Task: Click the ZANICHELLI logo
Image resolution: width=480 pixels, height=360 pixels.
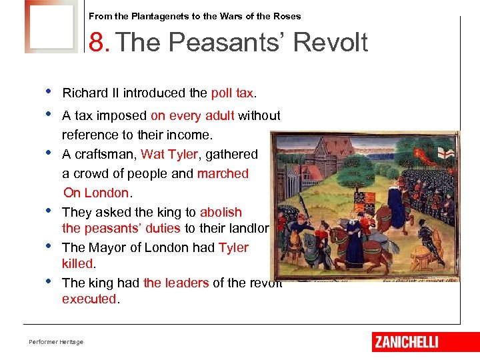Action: [x=406, y=342]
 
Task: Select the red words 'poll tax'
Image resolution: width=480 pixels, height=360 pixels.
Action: [x=232, y=93]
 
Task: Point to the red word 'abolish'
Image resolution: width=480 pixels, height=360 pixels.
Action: [x=221, y=212]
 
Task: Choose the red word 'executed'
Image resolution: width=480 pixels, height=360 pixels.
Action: [x=89, y=299]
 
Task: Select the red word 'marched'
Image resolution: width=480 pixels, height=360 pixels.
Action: [x=223, y=173]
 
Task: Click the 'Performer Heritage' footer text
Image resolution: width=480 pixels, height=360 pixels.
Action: [x=56, y=342]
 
